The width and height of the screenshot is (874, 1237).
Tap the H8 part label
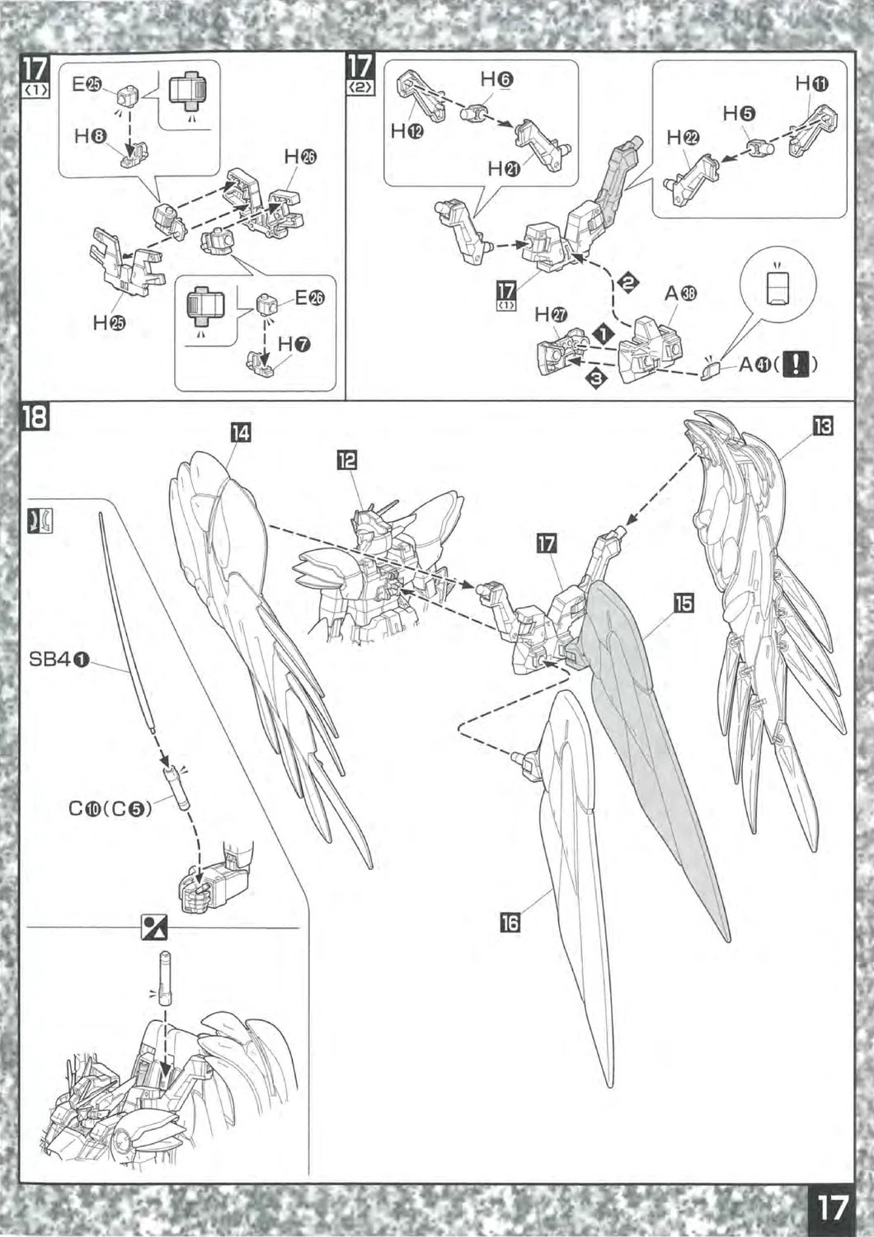[89, 137]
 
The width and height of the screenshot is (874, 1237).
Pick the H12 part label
[407, 133]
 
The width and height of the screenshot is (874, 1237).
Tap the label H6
[496, 79]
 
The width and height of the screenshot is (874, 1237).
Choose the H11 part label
[812, 83]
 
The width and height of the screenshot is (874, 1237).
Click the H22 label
[684, 137]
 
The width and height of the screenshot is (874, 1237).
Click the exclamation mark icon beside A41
[795, 363]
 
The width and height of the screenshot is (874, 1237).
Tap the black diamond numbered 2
[628, 282]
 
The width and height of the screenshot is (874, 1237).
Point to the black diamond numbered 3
[597, 378]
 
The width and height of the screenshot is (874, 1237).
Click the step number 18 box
[35, 418]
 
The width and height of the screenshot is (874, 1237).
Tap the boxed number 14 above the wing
[240, 432]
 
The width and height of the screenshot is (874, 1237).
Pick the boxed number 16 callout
[510, 922]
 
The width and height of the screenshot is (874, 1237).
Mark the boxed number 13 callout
[822, 426]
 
